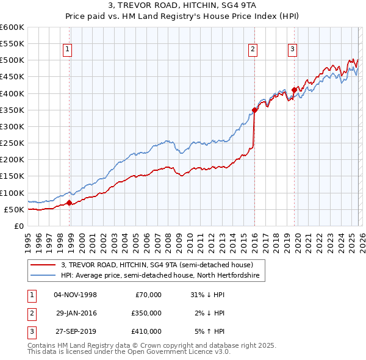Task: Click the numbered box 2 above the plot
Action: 252,50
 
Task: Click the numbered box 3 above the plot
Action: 292,50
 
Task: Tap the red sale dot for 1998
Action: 69,203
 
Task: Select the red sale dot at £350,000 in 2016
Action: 254,110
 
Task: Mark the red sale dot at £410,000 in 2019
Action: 294,90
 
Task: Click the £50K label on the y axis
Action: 14,209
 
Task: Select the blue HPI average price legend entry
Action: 160,276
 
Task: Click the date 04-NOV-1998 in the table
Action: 75,294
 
